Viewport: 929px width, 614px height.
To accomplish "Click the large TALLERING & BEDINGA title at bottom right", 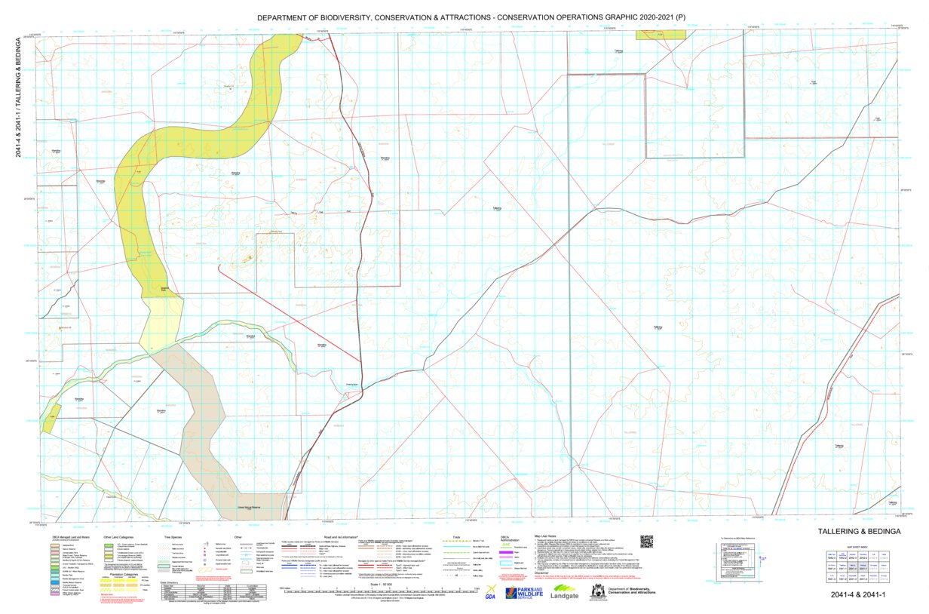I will click(x=859, y=532).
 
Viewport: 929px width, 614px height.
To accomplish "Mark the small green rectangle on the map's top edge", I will click(x=661, y=35).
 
